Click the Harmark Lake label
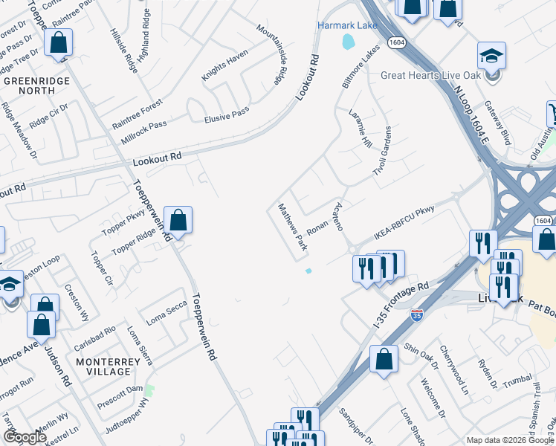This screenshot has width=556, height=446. (x=348, y=25)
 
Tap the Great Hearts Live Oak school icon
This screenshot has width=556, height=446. (x=491, y=57)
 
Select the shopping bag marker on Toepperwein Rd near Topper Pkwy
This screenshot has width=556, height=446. (x=178, y=220)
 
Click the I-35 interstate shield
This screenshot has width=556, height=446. (x=417, y=315)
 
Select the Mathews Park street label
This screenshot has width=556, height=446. (x=292, y=226)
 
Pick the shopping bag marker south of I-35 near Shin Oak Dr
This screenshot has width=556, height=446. (x=384, y=359)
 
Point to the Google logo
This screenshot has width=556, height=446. (x=25, y=437)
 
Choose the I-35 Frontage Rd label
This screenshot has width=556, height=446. (x=401, y=299)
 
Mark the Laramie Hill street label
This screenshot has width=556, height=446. (x=359, y=128)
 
